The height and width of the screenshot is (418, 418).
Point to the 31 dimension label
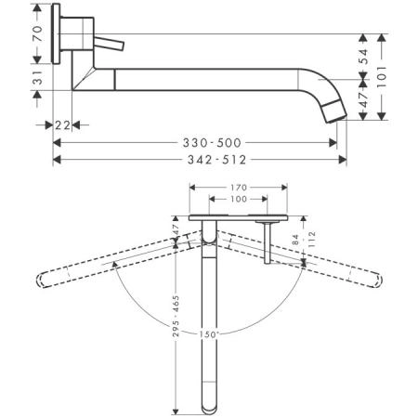tap(36, 82)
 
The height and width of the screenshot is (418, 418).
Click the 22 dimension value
tap(63, 124)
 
